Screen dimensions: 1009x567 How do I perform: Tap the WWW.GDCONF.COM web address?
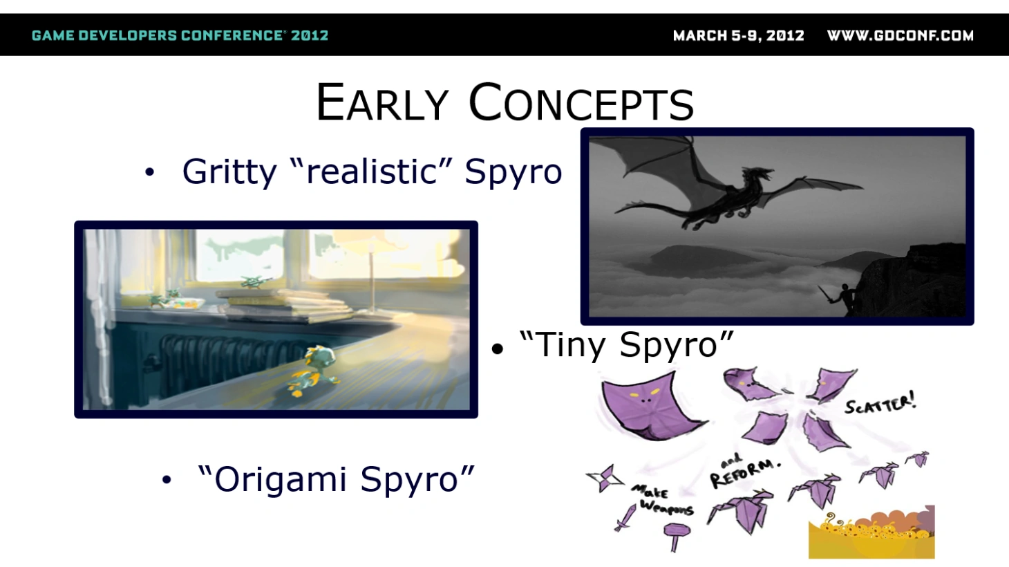tap(900, 35)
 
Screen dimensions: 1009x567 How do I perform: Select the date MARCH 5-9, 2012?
tap(739, 35)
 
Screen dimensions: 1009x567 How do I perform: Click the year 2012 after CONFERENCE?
tap(310, 35)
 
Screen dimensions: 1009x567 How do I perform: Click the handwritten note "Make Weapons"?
tap(662, 500)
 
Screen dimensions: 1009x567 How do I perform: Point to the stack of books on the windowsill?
tap(285, 305)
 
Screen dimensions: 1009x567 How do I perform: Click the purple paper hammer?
tap(676, 536)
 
